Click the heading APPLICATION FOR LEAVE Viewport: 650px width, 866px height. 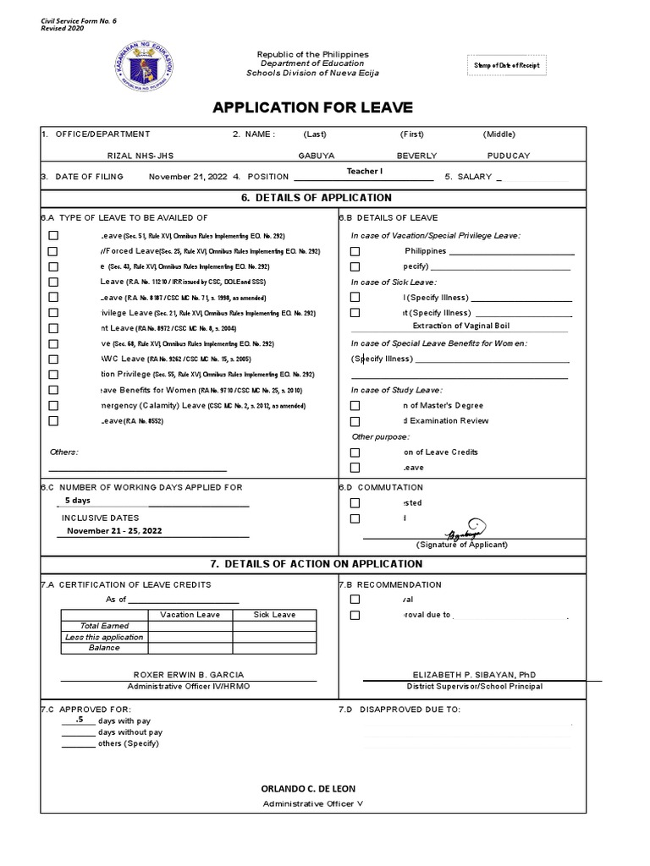pos(312,107)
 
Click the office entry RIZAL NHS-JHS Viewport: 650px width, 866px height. pos(140,156)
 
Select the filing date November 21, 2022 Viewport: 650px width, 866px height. pos(188,177)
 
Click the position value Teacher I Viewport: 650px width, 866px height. pos(365,172)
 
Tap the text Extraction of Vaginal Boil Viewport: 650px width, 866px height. pos(460,326)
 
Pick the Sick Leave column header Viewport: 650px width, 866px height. pos(274,615)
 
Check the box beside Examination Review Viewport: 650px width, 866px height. pos(355,421)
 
